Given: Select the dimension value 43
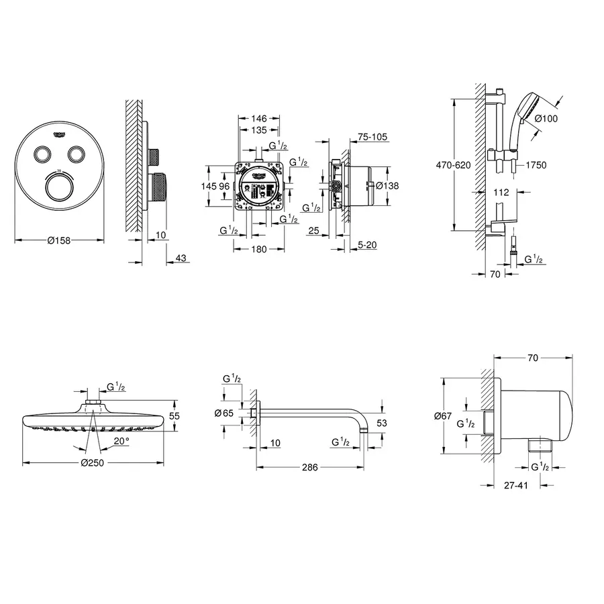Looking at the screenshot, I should [x=180, y=258].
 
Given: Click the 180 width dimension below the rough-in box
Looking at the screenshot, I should [x=259, y=249].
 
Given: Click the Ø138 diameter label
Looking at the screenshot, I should [x=387, y=186].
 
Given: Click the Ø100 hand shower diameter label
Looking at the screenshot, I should [x=547, y=118].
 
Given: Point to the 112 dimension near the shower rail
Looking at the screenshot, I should [x=500, y=192].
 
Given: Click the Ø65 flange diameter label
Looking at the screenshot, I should [x=225, y=413].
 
